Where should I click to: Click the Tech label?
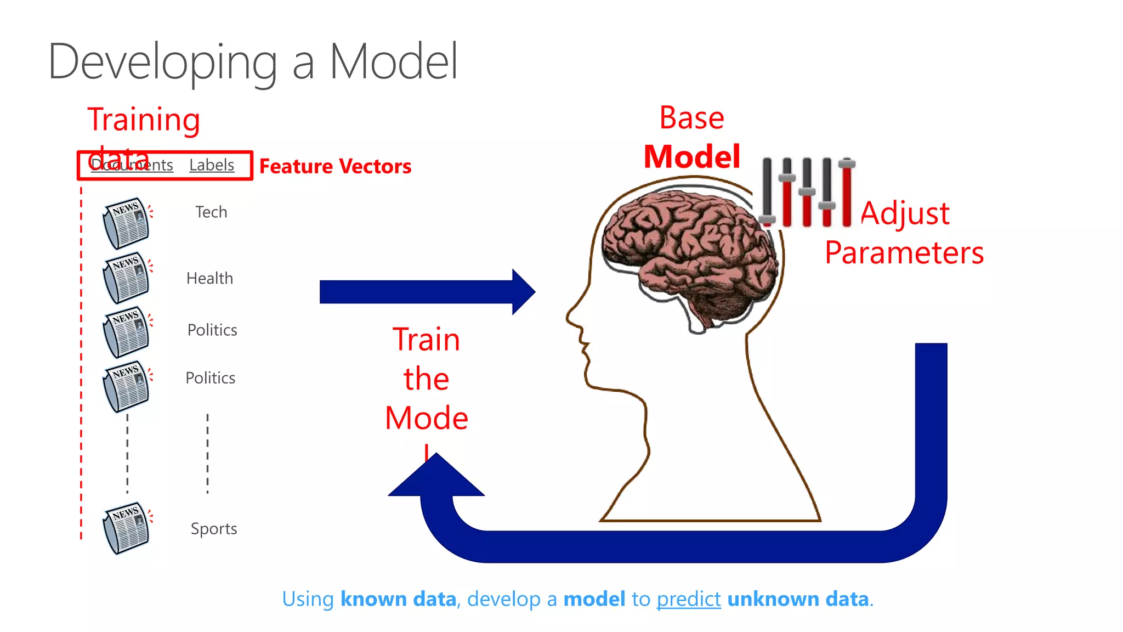[211, 212]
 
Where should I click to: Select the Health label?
[209, 278]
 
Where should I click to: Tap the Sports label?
[213, 529]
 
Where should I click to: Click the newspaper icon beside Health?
[126, 278]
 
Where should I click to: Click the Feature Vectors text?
[335, 166]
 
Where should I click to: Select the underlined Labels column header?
[212, 165]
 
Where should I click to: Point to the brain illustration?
[691, 247]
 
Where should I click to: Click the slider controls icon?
[807, 192]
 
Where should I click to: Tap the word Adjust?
[905, 213]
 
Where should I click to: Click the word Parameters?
[904, 253]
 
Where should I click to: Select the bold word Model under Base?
[692, 157]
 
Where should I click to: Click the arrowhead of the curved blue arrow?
[436, 477]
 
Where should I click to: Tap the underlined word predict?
[689, 599]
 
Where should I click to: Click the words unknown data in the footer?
[798, 599]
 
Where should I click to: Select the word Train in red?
[426, 340]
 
